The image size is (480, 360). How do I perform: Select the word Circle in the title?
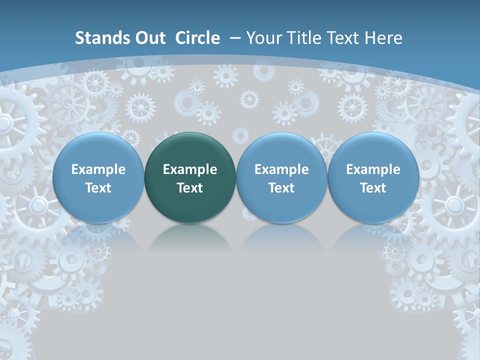point(197,38)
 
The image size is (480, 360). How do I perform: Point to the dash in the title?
point(235,38)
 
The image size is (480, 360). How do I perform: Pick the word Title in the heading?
point(304,38)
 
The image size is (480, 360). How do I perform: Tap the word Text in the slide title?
point(343,38)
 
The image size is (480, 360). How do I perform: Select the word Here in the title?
point(383,38)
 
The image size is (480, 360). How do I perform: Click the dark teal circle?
point(190,177)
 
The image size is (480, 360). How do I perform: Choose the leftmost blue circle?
point(98,177)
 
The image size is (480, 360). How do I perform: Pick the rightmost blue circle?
point(373,177)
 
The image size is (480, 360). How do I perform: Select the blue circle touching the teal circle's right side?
point(281,177)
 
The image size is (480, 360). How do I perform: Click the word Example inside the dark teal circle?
point(190,169)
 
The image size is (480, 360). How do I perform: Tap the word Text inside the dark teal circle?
point(190,188)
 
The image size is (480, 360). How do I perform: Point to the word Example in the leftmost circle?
point(98,169)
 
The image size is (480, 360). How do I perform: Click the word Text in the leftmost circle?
point(98,188)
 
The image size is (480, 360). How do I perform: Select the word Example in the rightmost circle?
point(373,169)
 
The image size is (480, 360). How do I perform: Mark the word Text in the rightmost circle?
point(373,188)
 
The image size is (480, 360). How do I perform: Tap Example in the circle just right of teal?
point(281,169)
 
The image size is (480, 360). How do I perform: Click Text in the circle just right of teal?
point(281,188)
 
